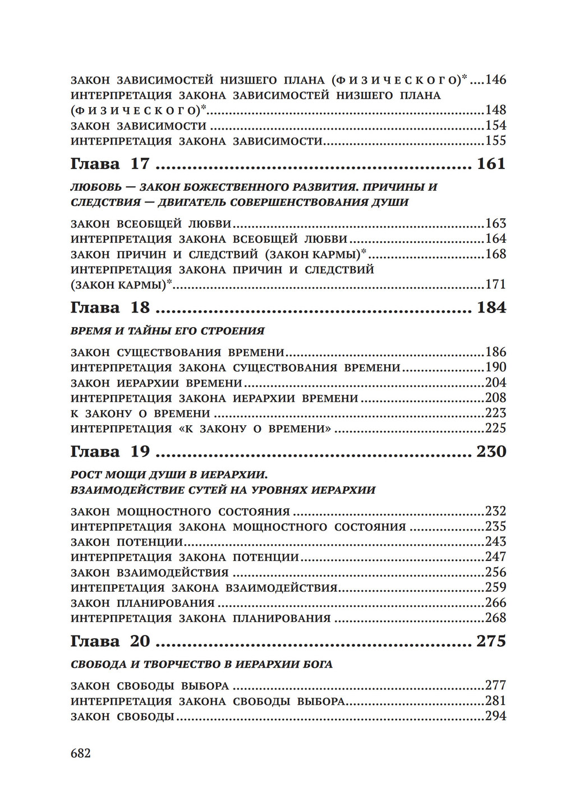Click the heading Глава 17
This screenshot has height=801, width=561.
point(111,164)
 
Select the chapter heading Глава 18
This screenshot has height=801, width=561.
point(111,307)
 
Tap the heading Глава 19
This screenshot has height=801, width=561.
point(111,452)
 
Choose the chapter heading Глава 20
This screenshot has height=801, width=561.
point(111,641)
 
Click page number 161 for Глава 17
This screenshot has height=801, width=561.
point(491,164)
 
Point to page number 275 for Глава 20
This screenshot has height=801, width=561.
point(491,641)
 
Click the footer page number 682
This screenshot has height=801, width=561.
point(81,753)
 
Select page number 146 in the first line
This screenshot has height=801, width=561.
point(495,80)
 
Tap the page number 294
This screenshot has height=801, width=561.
point(495,716)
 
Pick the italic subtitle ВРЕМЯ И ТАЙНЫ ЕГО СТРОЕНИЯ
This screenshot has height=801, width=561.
point(167,331)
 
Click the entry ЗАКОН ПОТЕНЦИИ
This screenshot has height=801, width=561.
point(127,542)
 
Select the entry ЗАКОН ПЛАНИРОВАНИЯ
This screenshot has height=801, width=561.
point(142,604)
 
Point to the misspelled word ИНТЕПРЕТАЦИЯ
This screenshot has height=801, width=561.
point(117,588)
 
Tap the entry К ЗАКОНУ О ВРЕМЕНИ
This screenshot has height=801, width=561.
point(140,414)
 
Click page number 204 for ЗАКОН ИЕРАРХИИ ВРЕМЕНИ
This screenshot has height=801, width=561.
point(495,383)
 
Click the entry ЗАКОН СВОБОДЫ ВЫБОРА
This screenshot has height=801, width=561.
point(150,686)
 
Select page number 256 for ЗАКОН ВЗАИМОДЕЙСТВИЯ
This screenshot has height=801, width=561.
point(495,573)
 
